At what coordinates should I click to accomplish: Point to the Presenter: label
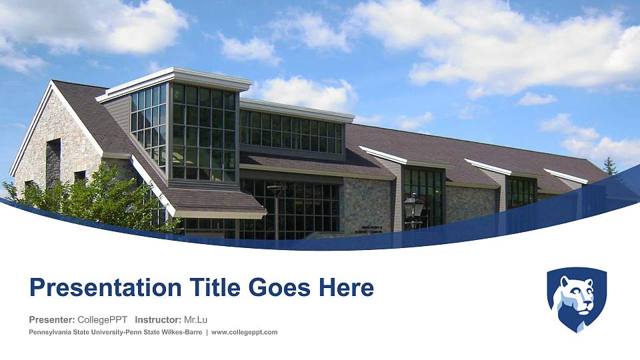[51, 319]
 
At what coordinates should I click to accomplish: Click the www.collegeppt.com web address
[244, 332]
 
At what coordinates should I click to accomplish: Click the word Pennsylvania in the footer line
[51, 332]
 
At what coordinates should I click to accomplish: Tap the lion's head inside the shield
[577, 293]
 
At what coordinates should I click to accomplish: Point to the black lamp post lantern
[414, 205]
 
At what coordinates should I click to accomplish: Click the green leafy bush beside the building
[100, 197]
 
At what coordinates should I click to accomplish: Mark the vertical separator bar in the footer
[207, 332]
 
